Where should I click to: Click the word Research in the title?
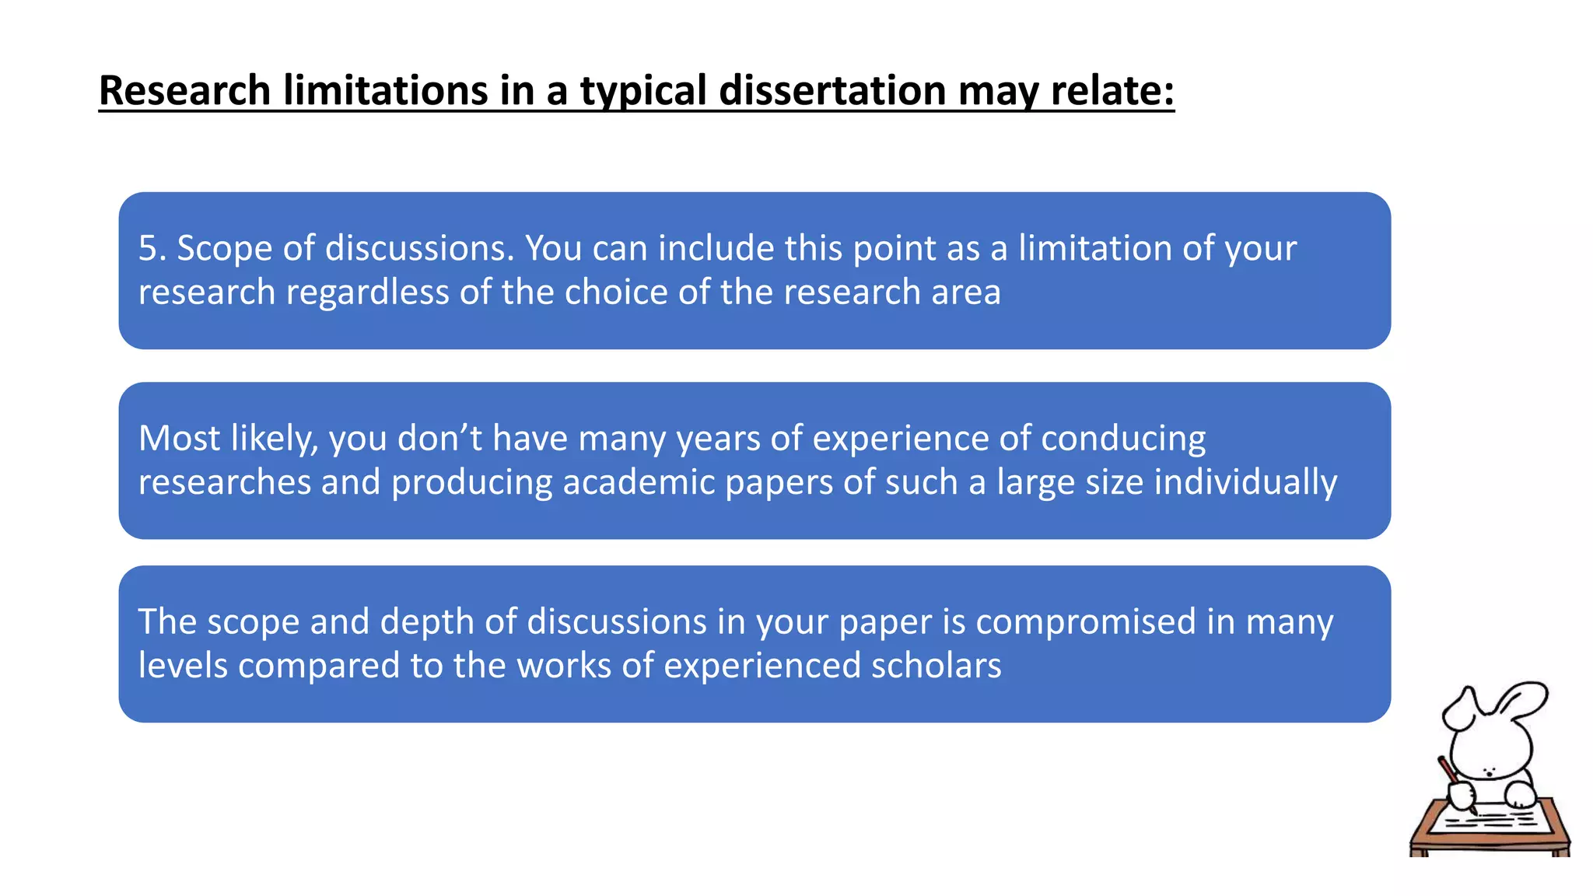(184, 90)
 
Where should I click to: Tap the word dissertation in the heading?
(832, 90)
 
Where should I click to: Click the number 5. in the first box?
(152, 248)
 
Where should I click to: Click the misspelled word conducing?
(1123, 439)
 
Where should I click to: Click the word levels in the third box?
(183, 666)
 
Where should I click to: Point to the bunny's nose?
(1488, 772)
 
